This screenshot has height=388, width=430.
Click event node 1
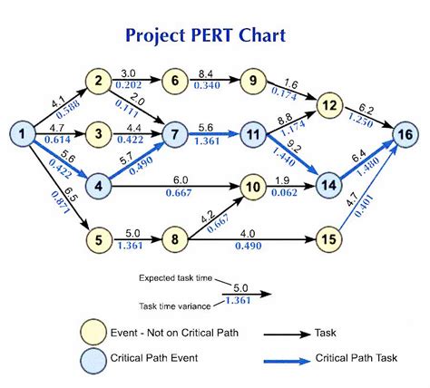tap(18, 136)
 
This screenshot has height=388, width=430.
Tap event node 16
tap(406, 136)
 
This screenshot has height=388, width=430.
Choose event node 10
tap(253, 189)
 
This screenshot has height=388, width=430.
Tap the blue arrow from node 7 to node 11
tap(212, 136)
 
